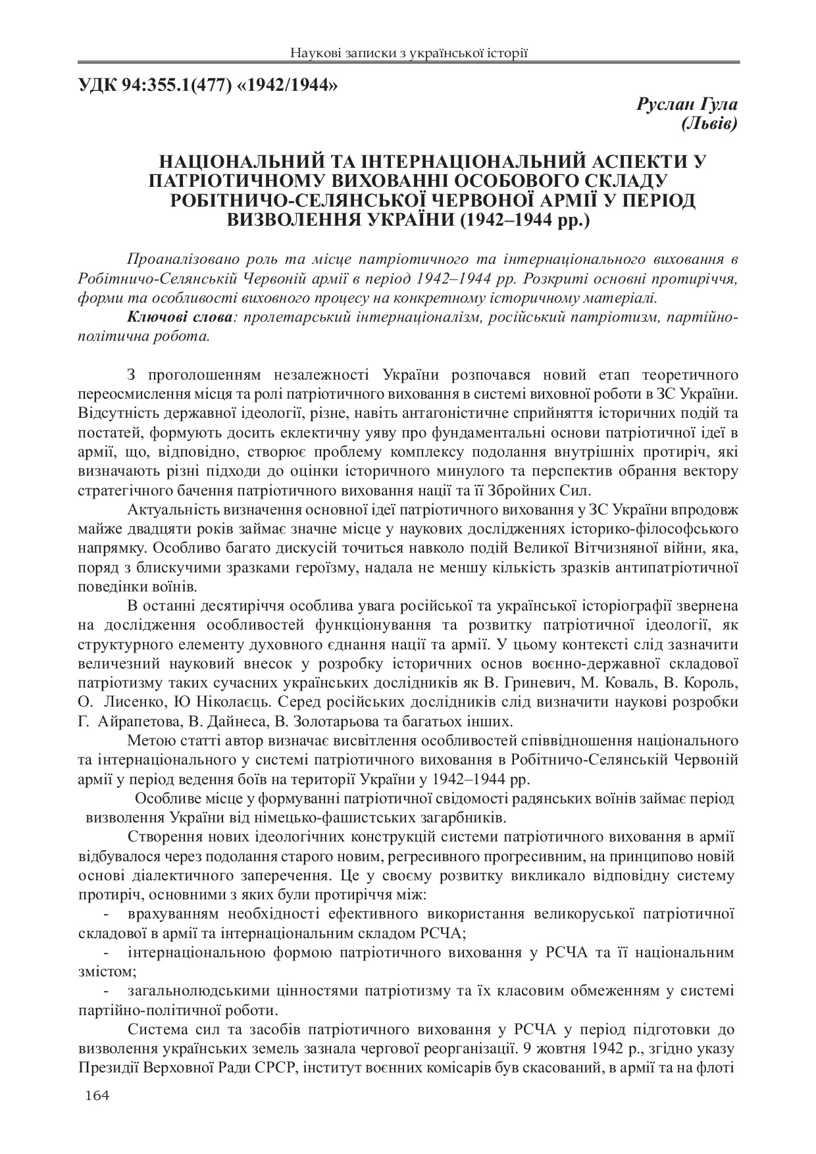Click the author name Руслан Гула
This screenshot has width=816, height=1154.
(x=686, y=104)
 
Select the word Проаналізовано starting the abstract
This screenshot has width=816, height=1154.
(x=178, y=258)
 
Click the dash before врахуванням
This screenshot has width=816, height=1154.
(x=107, y=915)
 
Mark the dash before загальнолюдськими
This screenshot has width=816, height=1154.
(x=107, y=991)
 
